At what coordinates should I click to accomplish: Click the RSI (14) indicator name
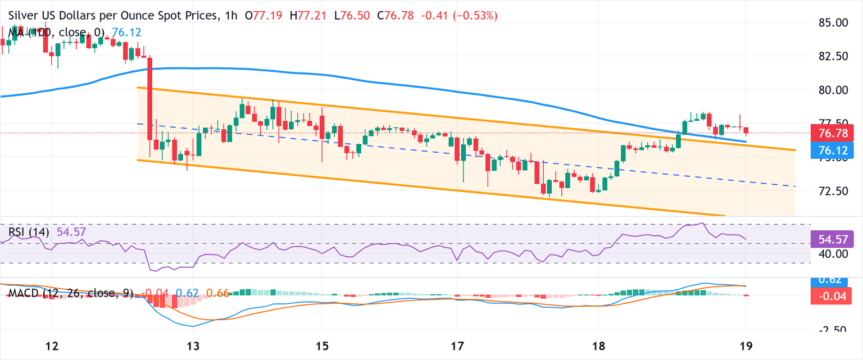(x=28, y=231)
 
